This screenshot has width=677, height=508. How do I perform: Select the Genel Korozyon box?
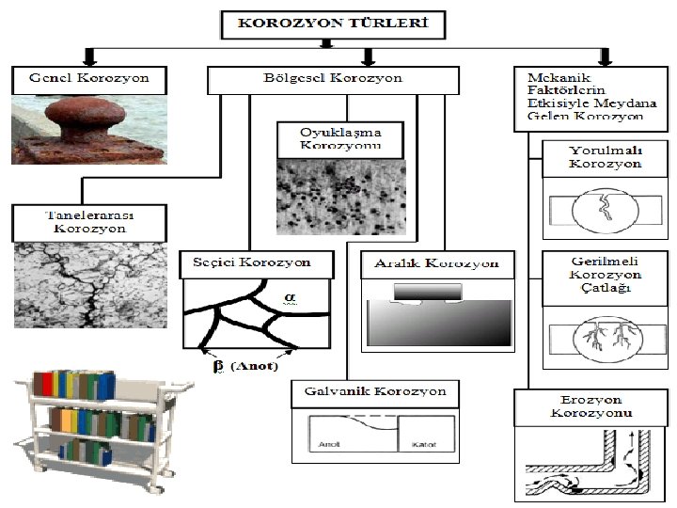tap(89, 78)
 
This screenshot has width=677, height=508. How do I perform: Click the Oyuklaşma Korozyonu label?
tap(339, 137)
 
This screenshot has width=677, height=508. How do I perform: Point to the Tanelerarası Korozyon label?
tap(89, 221)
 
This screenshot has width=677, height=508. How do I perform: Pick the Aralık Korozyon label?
tap(437, 263)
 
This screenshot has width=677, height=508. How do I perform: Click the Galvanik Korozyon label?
tap(375, 390)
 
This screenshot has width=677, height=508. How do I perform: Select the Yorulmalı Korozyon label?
tap(606, 157)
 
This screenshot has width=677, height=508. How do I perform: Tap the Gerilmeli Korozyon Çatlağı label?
tap(606, 274)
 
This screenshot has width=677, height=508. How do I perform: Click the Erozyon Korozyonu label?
tap(591, 406)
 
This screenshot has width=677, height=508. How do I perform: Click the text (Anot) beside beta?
tap(253, 366)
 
